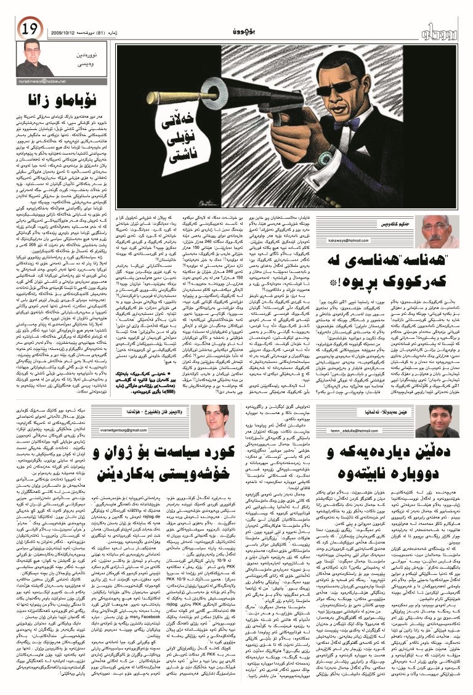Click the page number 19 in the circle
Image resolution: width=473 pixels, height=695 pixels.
29,28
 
